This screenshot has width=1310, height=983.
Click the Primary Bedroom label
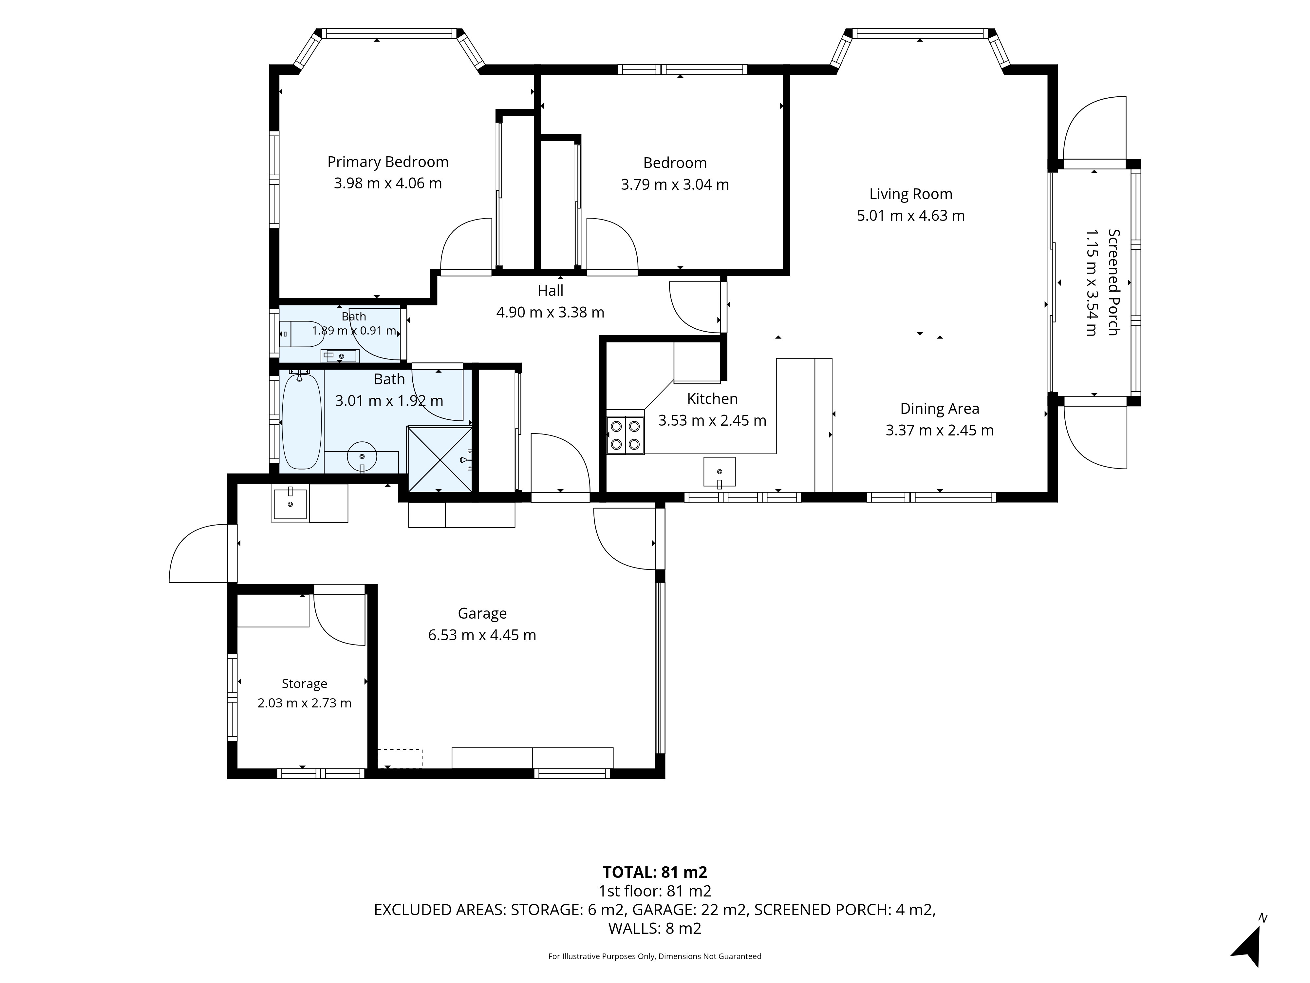click(x=388, y=162)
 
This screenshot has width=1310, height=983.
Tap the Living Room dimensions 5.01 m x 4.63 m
click(x=911, y=216)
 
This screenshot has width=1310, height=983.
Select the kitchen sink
click(x=720, y=472)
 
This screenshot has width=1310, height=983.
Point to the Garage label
click(x=482, y=614)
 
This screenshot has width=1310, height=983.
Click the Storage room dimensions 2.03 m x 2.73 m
click(x=304, y=703)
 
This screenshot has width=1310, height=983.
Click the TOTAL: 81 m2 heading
click(x=655, y=872)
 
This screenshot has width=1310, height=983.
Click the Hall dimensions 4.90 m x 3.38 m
click(x=550, y=312)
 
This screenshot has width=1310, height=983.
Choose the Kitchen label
click(x=712, y=399)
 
